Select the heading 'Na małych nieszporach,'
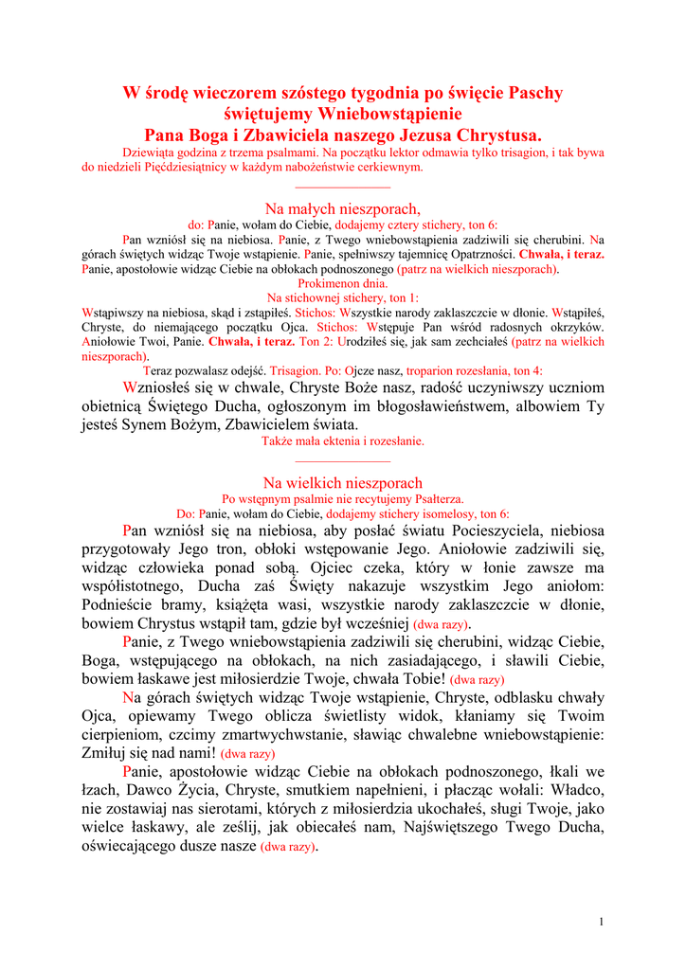pos(342,208)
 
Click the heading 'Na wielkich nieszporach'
pos(342,483)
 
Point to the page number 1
pos(602,922)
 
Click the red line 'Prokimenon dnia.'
pos(342,283)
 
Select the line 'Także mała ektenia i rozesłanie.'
pos(342,440)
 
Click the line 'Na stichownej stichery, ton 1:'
pos(342,297)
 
